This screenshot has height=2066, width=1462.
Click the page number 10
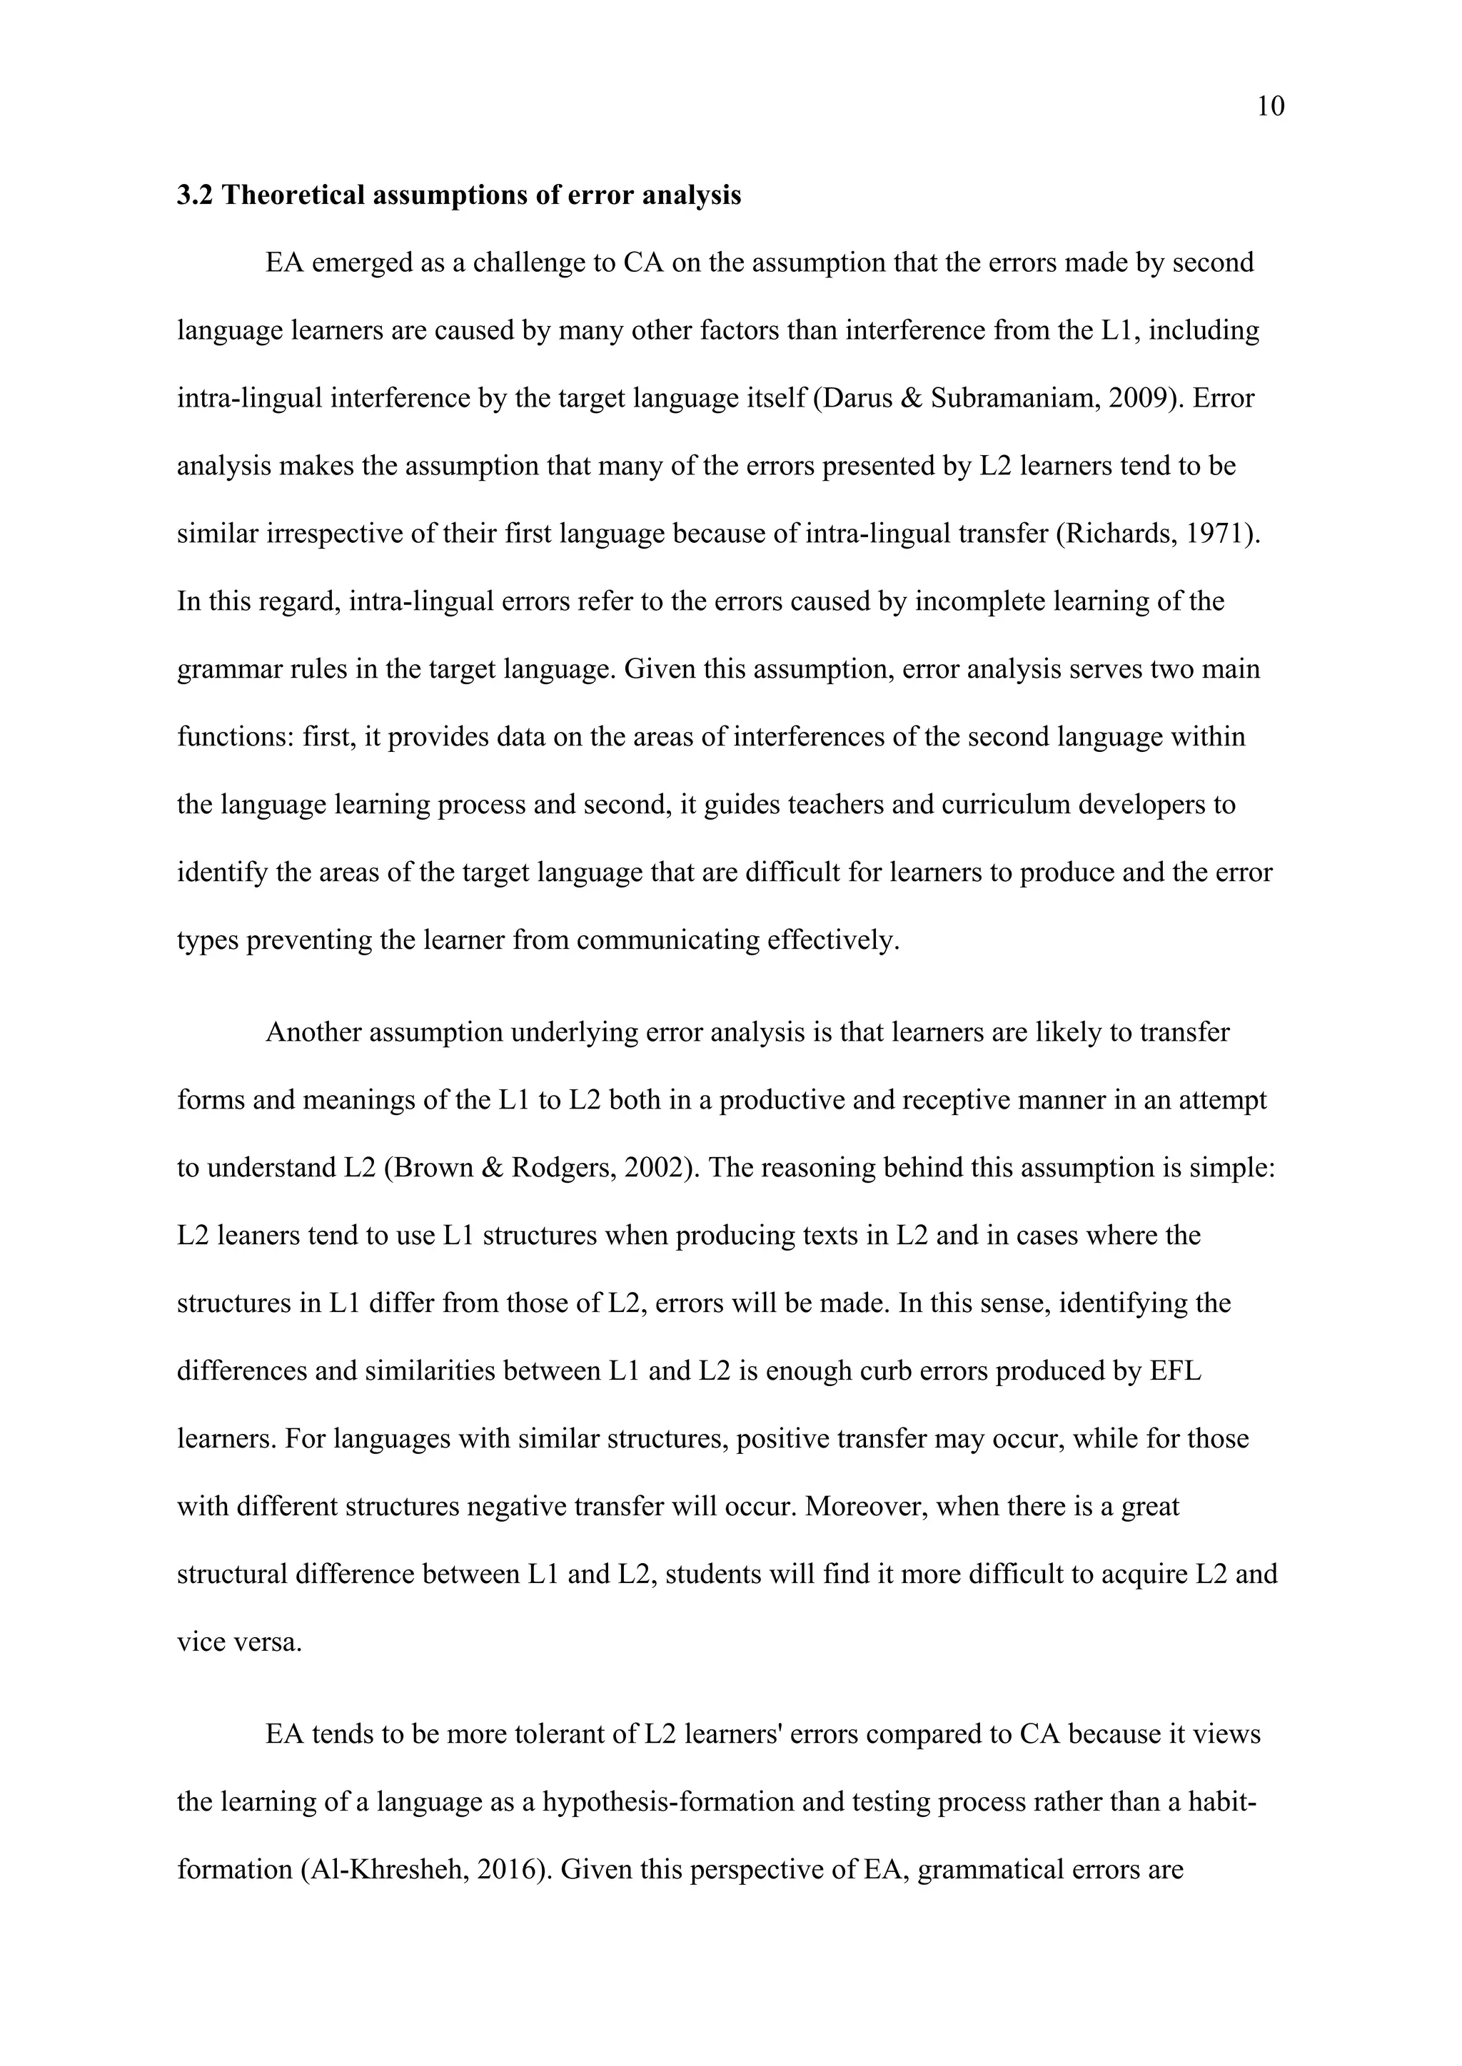point(1270,107)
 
